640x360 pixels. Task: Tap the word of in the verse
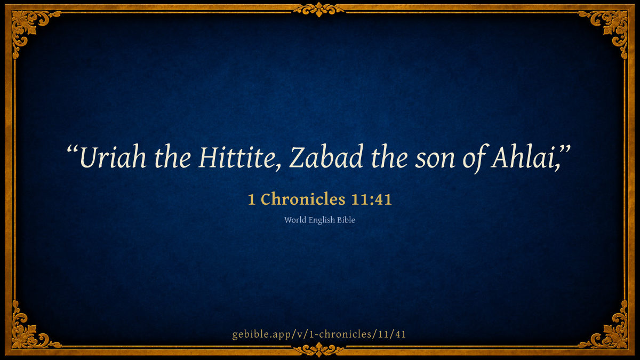click(x=474, y=158)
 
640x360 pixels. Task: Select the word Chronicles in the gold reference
click(x=303, y=199)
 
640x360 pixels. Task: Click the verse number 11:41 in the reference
click(x=371, y=199)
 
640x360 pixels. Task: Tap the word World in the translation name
click(x=295, y=220)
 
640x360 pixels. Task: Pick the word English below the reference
click(x=322, y=220)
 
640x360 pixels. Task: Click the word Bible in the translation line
click(x=346, y=220)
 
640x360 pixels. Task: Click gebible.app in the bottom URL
click(x=263, y=334)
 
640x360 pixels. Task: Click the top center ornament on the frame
click(x=319, y=10)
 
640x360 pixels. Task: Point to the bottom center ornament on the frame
click(x=319, y=350)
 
